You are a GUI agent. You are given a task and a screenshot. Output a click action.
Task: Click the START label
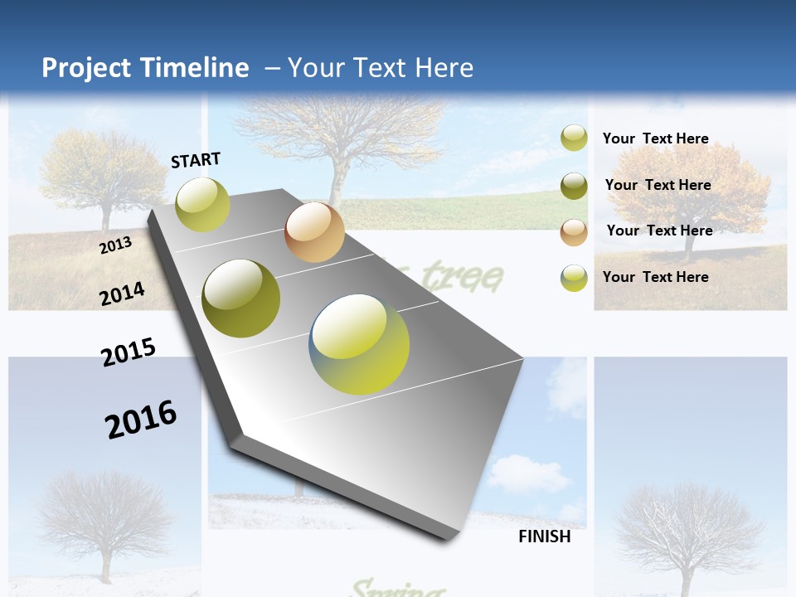pyautogui.click(x=196, y=160)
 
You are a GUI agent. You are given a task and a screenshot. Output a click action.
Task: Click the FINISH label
pyautogui.click(x=544, y=536)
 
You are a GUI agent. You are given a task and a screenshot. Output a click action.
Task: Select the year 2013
pyautogui.click(x=115, y=245)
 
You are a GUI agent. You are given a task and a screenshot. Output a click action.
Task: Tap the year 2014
pyautogui.click(x=122, y=294)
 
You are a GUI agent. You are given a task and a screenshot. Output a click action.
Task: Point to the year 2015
pyautogui.click(x=128, y=352)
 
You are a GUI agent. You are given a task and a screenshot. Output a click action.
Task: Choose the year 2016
pyautogui.click(x=141, y=420)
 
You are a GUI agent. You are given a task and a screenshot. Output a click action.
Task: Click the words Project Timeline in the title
pyautogui.click(x=145, y=68)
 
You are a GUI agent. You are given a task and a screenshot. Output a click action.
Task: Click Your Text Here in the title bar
pyautogui.click(x=380, y=68)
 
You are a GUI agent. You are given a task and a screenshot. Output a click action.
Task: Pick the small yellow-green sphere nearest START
pyautogui.click(x=202, y=204)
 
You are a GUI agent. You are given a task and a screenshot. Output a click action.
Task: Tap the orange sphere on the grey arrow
pyautogui.click(x=314, y=232)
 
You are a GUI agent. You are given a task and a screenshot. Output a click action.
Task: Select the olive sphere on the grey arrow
pyautogui.click(x=241, y=298)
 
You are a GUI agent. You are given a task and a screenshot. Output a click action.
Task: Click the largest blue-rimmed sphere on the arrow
pyautogui.click(x=359, y=344)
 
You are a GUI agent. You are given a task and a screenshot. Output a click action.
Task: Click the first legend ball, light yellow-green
pyautogui.click(x=574, y=138)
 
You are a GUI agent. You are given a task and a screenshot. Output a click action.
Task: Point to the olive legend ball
pyautogui.click(x=574, y=186)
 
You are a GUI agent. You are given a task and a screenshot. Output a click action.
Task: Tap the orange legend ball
pyautogui.click(x=574, y=232)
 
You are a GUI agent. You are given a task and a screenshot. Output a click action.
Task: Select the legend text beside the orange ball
pyautogui.click(x=659, y=231)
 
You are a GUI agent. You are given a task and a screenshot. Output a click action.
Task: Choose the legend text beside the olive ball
pyautogui.click(x=658, y=185)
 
